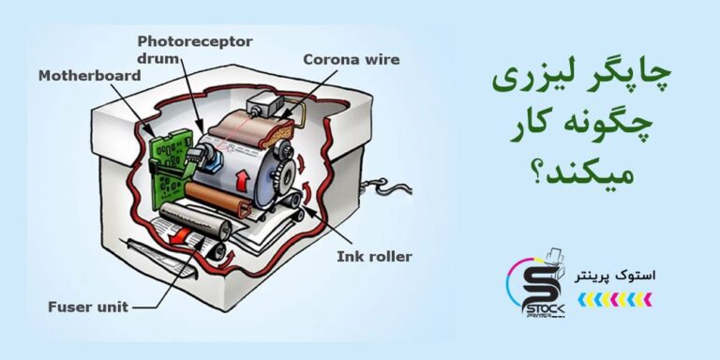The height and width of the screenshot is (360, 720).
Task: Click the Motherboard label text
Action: [x=90, y=76]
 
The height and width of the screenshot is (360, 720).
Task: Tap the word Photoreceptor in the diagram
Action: [x=195, y=42]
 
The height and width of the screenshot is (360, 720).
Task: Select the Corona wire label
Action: [x=352, y=60]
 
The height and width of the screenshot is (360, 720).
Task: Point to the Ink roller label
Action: [x=374, y=257]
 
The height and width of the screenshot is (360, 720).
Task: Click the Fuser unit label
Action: [x=88, y=307]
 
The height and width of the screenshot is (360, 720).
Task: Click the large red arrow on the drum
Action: [x=240, y=179]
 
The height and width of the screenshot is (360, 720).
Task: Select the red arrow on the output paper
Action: [x=179, y=235]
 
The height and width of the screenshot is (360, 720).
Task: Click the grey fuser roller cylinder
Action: [x=196, y=217]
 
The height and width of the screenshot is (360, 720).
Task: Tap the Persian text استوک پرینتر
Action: [x=615, y=277]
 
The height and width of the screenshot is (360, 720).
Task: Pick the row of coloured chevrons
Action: [x=614, y=299]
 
